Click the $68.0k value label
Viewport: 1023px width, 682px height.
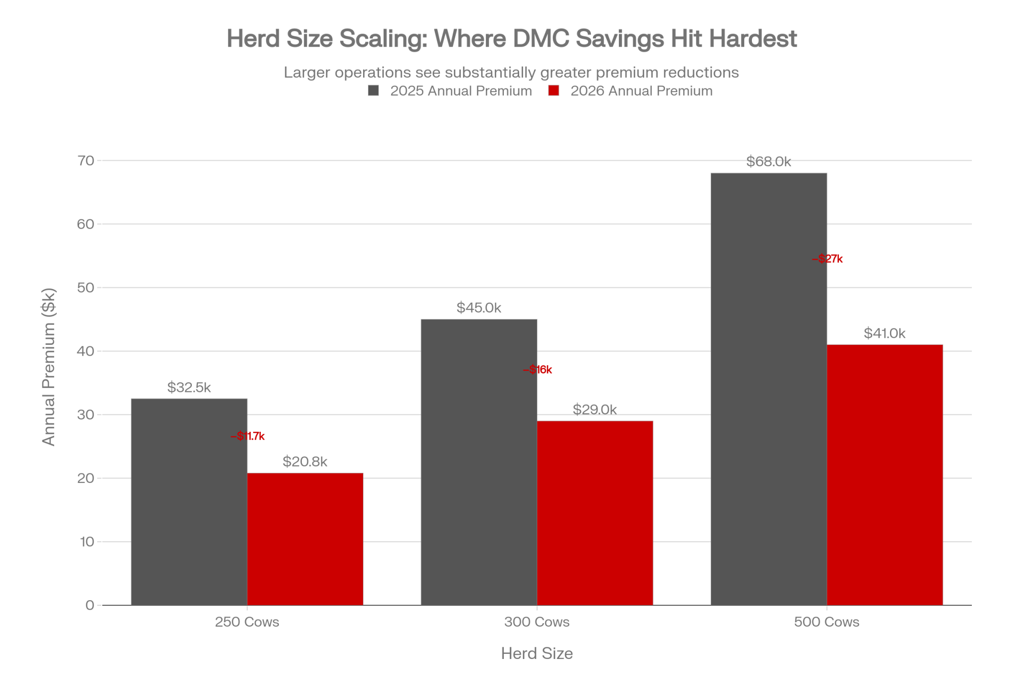[768, 162]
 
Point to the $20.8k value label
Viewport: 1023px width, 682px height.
[305, 461]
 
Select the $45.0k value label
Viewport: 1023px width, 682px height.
[479, 307]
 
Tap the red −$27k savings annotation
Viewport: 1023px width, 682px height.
[827, 259]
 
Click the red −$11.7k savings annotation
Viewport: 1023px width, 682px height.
[248, 436]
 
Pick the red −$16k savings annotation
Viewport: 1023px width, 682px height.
[537, 370]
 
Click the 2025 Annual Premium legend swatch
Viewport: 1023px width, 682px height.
[373, 91]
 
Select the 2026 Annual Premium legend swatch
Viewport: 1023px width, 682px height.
[553, 91]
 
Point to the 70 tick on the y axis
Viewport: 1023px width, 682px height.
[86, 161]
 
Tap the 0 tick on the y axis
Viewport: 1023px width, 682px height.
[90, 605]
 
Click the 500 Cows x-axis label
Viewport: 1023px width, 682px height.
[827, 622]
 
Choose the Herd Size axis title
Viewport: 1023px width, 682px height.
[537, 653]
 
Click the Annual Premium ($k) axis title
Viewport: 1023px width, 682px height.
[49, 367]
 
